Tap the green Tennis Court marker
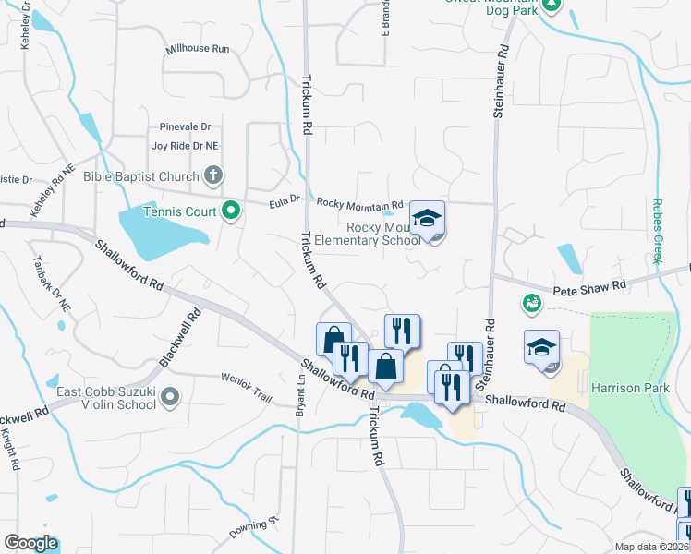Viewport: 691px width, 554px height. coord(232,211)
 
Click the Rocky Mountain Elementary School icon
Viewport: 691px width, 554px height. coord(427,219)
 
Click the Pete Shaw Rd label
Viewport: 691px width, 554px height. coord(589,290)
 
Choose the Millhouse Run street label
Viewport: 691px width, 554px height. coord(197,49)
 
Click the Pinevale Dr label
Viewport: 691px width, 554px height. coord(185,127)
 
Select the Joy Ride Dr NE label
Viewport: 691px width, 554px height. coord(185,146)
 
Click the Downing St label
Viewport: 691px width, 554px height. coord(253,528)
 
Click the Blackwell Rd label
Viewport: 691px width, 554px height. coord(181,338)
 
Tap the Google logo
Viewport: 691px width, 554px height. coord(30,542)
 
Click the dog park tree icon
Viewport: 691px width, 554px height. coord(552,4)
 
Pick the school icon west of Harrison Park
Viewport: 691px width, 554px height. coord(541,348)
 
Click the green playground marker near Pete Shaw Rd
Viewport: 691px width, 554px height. coord(530,301)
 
